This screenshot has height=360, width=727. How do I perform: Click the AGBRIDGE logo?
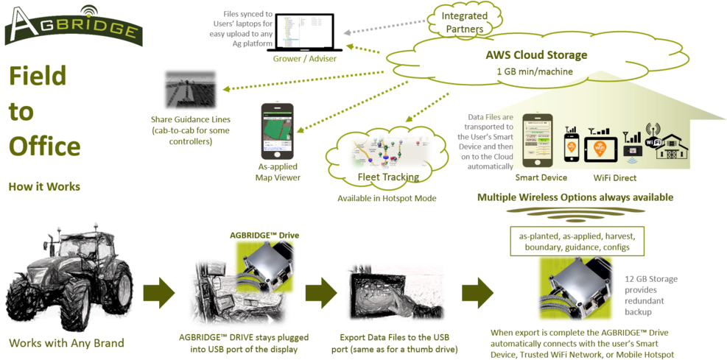pos(74,26)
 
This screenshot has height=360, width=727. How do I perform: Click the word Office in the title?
pos(44,146)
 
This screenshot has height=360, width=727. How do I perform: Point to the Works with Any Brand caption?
pos(66,343)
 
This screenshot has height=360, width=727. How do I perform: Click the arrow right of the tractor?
pos(158,292)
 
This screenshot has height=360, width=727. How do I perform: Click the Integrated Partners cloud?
pos(464,22)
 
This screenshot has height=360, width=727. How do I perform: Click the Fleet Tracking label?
pos(387,177)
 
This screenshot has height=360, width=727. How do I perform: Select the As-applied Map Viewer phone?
pos(277,132)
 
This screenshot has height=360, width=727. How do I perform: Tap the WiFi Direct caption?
pos(615,177)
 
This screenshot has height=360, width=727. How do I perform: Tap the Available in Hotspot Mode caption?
pos(386,199)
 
